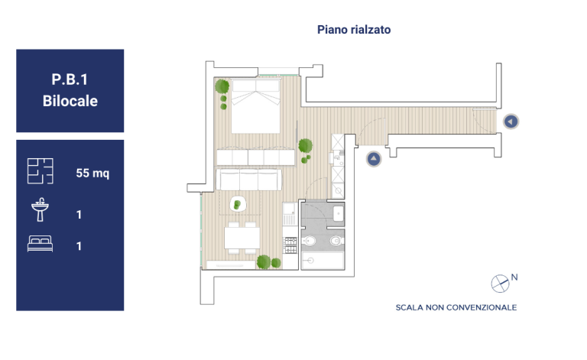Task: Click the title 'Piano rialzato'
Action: click(x=354, y=30)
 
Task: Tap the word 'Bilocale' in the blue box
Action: click(x=70, y=101)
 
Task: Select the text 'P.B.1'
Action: click(x=70, y=79)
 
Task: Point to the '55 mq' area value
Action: click(x=92, y=174)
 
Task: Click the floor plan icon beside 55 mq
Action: click(x=40, y=171)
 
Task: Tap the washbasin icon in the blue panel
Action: click(x=40, y=209)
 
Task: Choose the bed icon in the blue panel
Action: click(x=40, y=244)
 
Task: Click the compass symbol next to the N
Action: click(x=500, y=284)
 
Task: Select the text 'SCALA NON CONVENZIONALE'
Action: click(x=456, y=307)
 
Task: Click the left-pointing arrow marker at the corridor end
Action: click(x=511, y=122)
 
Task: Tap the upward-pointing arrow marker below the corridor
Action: click(x=374, y=159)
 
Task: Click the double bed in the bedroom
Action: click(x=256, y=106)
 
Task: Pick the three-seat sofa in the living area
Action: click(x=249, y=180)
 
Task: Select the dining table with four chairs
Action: click(x=242, y=238)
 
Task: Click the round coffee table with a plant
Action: click(x=238, y=204)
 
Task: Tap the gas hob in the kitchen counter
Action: click(x=290, y=245)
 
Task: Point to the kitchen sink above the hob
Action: click(x=289, y=214)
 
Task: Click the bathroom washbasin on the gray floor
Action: click(x=339, y=213)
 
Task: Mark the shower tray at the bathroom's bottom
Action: click(x=323, y=261)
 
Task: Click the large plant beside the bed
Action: click(x=222, y=86)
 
